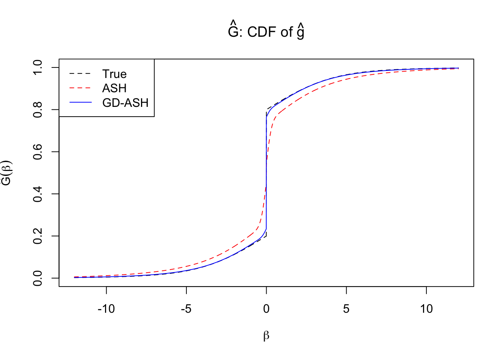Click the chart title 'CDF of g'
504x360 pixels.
tap(266, 31)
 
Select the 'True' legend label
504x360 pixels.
tap(114, 74)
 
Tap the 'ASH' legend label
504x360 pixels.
tap(114, 88)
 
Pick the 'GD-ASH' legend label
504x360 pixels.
tap(125, 103)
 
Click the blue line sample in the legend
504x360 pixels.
tap(80, 102)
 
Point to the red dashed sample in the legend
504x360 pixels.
tap(80, 88)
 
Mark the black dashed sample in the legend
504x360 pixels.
tap(80, 74)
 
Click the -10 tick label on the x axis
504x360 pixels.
tap(106, 309)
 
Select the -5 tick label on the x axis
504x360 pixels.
tap(186, 309)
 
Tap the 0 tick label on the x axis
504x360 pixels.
tap(266, 309)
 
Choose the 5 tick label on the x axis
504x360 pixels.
tap(346, 309)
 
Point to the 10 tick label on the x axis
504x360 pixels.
tap(426, 309)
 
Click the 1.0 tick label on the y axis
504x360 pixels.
tap(38, 67)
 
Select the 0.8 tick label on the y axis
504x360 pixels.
tap(38, 110)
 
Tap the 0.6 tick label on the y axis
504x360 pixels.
tap(38, 152)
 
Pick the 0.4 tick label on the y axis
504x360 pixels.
tap(38, 194)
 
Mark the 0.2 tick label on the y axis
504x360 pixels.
tap(38, 236)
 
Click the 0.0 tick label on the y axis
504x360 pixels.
tap(38, 278)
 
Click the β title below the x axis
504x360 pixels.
tap(266, 336)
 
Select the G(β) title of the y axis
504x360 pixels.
tap(7, 173)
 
